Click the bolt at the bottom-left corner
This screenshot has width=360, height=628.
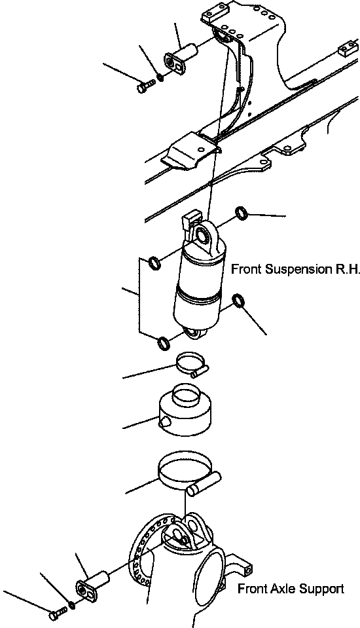click(56, 614)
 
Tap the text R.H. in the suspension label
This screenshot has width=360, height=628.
click(346, 269)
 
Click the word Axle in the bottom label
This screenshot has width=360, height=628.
click(279, 589)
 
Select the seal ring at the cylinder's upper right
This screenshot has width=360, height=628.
click(242, 212)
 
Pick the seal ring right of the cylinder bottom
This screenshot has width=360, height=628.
click(239, 301)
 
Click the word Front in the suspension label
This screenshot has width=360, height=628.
click(247, 269)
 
